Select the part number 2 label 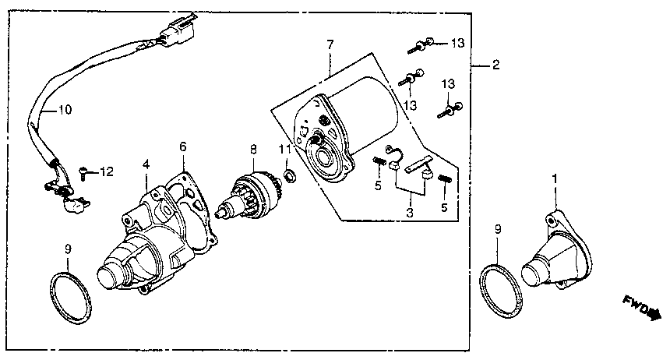[495, 66]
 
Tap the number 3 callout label [408, 212]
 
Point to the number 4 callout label [146, 164]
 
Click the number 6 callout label [183, 146]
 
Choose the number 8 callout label [253, 148]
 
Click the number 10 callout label [64, 110]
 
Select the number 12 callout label [108, 171]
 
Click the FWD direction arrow [640, 305]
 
